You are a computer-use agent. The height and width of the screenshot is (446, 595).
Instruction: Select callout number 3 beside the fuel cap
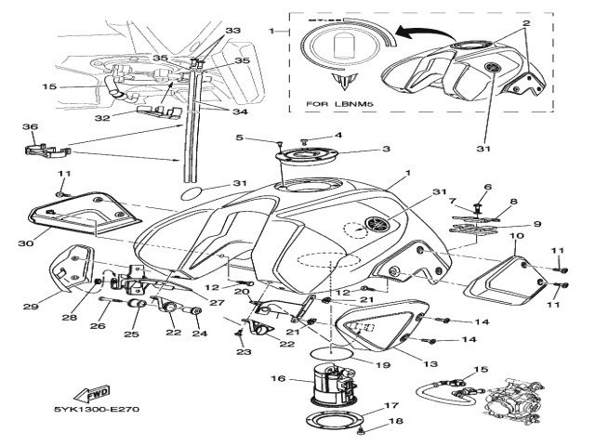coord(386,149)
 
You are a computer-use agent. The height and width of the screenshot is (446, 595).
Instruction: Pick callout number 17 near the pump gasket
coord(390,405)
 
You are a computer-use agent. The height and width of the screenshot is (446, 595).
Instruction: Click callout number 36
coord(29,127)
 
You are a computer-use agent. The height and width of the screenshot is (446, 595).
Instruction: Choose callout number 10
coord(516,237)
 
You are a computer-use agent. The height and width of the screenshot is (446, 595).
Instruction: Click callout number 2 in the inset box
coord(525,21)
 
